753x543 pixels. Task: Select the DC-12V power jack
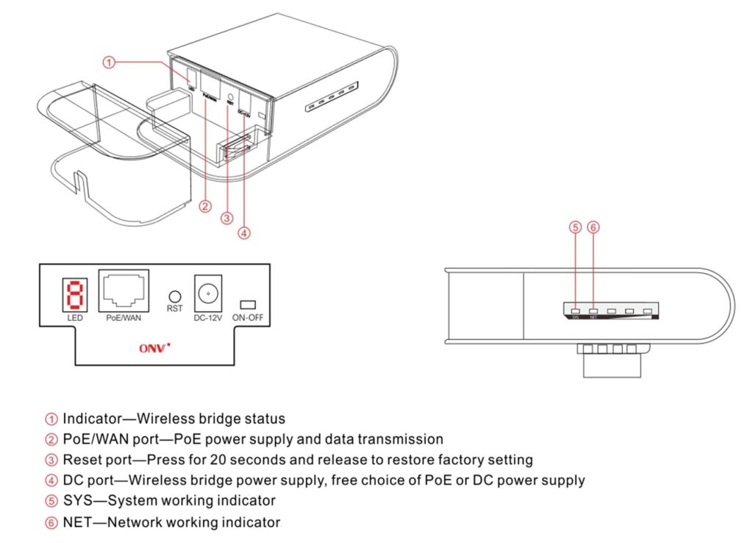click(x=207, y=293)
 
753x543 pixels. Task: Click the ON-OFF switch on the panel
click(x=248, y=305)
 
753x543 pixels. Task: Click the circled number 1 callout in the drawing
click(x=108, y=63)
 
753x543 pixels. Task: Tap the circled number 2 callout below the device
click(x=206, y=206)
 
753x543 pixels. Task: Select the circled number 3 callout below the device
click(x=227, y=218)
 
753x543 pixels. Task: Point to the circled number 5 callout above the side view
click(x=575, y=227)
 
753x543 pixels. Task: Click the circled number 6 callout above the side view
click(x=593, y=227)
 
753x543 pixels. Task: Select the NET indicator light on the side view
click(x=593, y=311)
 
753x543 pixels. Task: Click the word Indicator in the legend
click(x=90, y=419)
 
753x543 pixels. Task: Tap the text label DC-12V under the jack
click(x=207, y=318)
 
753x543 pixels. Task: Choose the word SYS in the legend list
click(x=76, y=501)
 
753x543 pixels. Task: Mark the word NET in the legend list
click(x=76, y=522)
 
